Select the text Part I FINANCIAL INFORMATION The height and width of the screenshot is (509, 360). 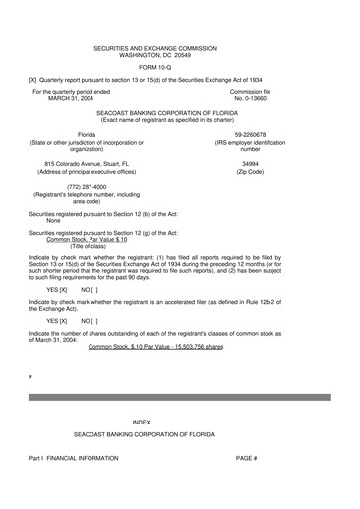[75, 458]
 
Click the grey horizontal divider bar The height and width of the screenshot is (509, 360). [179, 396]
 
